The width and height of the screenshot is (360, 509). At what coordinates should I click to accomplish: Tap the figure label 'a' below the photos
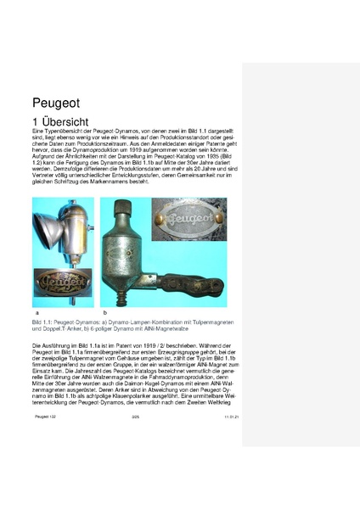35,314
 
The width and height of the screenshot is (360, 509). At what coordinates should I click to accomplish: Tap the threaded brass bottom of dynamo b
125,298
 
